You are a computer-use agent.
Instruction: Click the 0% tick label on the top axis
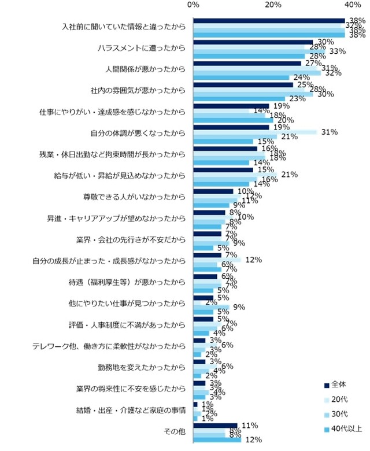pyautogui.click(x=194, y=5)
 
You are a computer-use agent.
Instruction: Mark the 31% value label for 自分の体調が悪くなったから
pyautogui.click(x=330, y=132)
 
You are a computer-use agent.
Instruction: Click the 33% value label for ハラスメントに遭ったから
pyautogui.click(x=337, y=51)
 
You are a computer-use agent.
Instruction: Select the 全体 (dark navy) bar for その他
pyautogui.click(x=215, y=425)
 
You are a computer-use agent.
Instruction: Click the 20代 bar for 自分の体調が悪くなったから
pyautogui.click(x=255, y=132)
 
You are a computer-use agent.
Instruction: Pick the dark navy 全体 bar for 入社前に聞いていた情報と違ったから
pyautogui.click(x=269, y=21)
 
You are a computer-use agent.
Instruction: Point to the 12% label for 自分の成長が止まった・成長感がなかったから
pyautogui.click(x=254, y=260)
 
